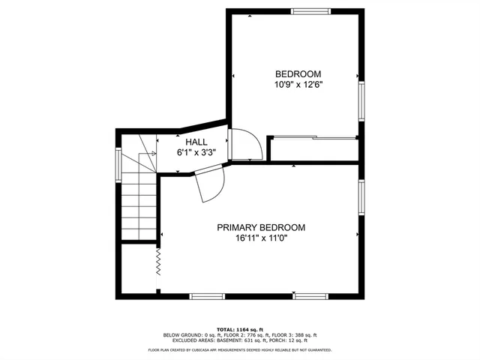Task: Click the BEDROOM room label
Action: (x=298, y=73)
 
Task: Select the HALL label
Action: (x=196, y=141)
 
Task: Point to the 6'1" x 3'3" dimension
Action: (x=196, y=151)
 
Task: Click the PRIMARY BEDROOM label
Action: (x=260, y=228)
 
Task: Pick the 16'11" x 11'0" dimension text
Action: (x=260, y=238)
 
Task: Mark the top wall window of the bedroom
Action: (x=310, y=11)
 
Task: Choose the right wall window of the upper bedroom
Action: (x=361, y=100)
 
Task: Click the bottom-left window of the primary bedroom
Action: (x=208, y=295)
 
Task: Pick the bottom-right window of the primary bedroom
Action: (x=312, y=295)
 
